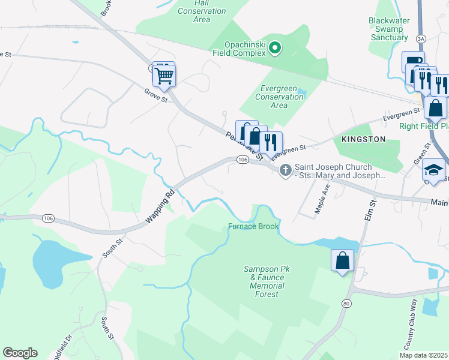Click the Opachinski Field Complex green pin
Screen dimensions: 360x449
[275, 47]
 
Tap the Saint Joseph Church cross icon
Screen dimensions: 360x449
[285, 171]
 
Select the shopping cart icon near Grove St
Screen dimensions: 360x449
[163, 75]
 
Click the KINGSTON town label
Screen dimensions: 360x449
[363, 139]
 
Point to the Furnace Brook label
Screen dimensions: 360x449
[252, 226]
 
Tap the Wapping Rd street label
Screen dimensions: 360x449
[160, 207]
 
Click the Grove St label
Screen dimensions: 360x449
[155, 95]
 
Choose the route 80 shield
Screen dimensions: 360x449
[346, 304]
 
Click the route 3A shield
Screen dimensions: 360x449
[421, 38]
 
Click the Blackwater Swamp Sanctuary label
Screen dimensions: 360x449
[389, 29]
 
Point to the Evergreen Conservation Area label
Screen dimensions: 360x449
[279, 97]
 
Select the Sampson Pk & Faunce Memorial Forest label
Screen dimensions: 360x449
[267, 281]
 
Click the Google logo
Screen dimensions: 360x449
[20, 353]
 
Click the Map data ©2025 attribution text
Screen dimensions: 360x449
[424, 355]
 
